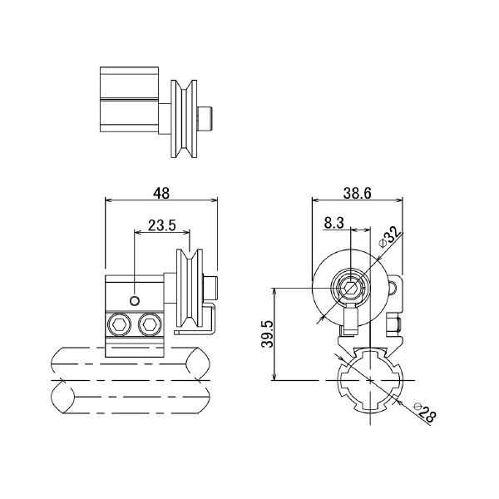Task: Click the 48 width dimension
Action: pyautogui.click(x=161, y=193)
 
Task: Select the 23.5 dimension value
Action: pyautogui.click(x=161, y=225)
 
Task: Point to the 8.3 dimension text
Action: pyautogui.click(x=333, y=223)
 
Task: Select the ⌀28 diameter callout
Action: pyautogui.click(x=422, y=413)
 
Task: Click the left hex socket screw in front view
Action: pyautogui.click(x=120, y=324)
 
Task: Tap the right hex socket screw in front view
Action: pyautogui.click(x=151, y=324)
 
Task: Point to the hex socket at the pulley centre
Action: pyautogui.click(x=349, y=289)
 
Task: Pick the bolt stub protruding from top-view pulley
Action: pyautogui.click(x=208, y=119)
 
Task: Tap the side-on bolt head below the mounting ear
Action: pyautogui.click(x=396, y=324)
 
